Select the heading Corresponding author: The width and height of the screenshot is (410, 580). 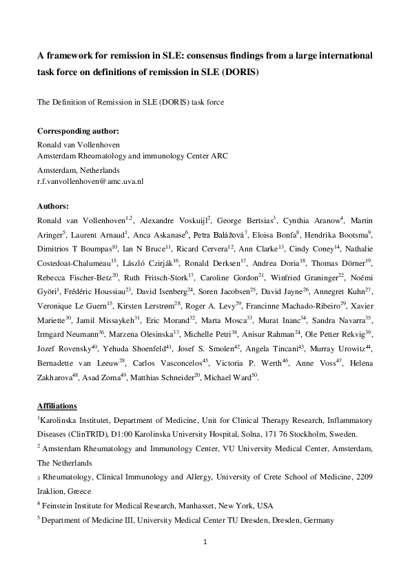[x=78, y=130]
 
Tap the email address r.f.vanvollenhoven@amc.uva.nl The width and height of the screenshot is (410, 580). [x=90, y=181]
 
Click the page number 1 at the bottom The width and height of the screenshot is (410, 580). [x=205, y=542]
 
